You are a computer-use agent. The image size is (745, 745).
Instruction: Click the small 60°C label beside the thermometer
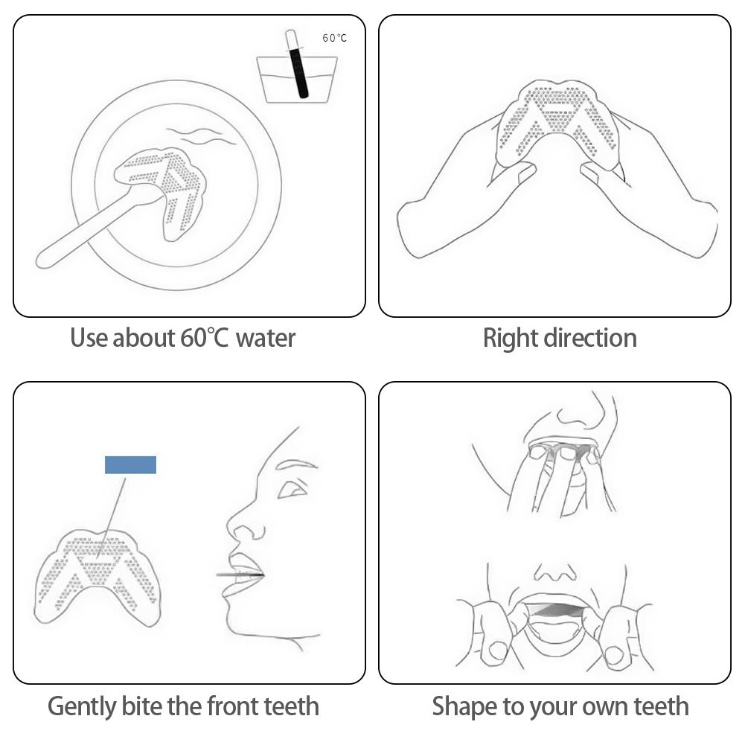point(334,38)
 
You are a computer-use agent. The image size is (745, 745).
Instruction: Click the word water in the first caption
point(265,338)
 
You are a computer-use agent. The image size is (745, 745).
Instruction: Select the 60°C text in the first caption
point(205,338)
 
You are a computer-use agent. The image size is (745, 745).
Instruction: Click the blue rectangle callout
point(130,465)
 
